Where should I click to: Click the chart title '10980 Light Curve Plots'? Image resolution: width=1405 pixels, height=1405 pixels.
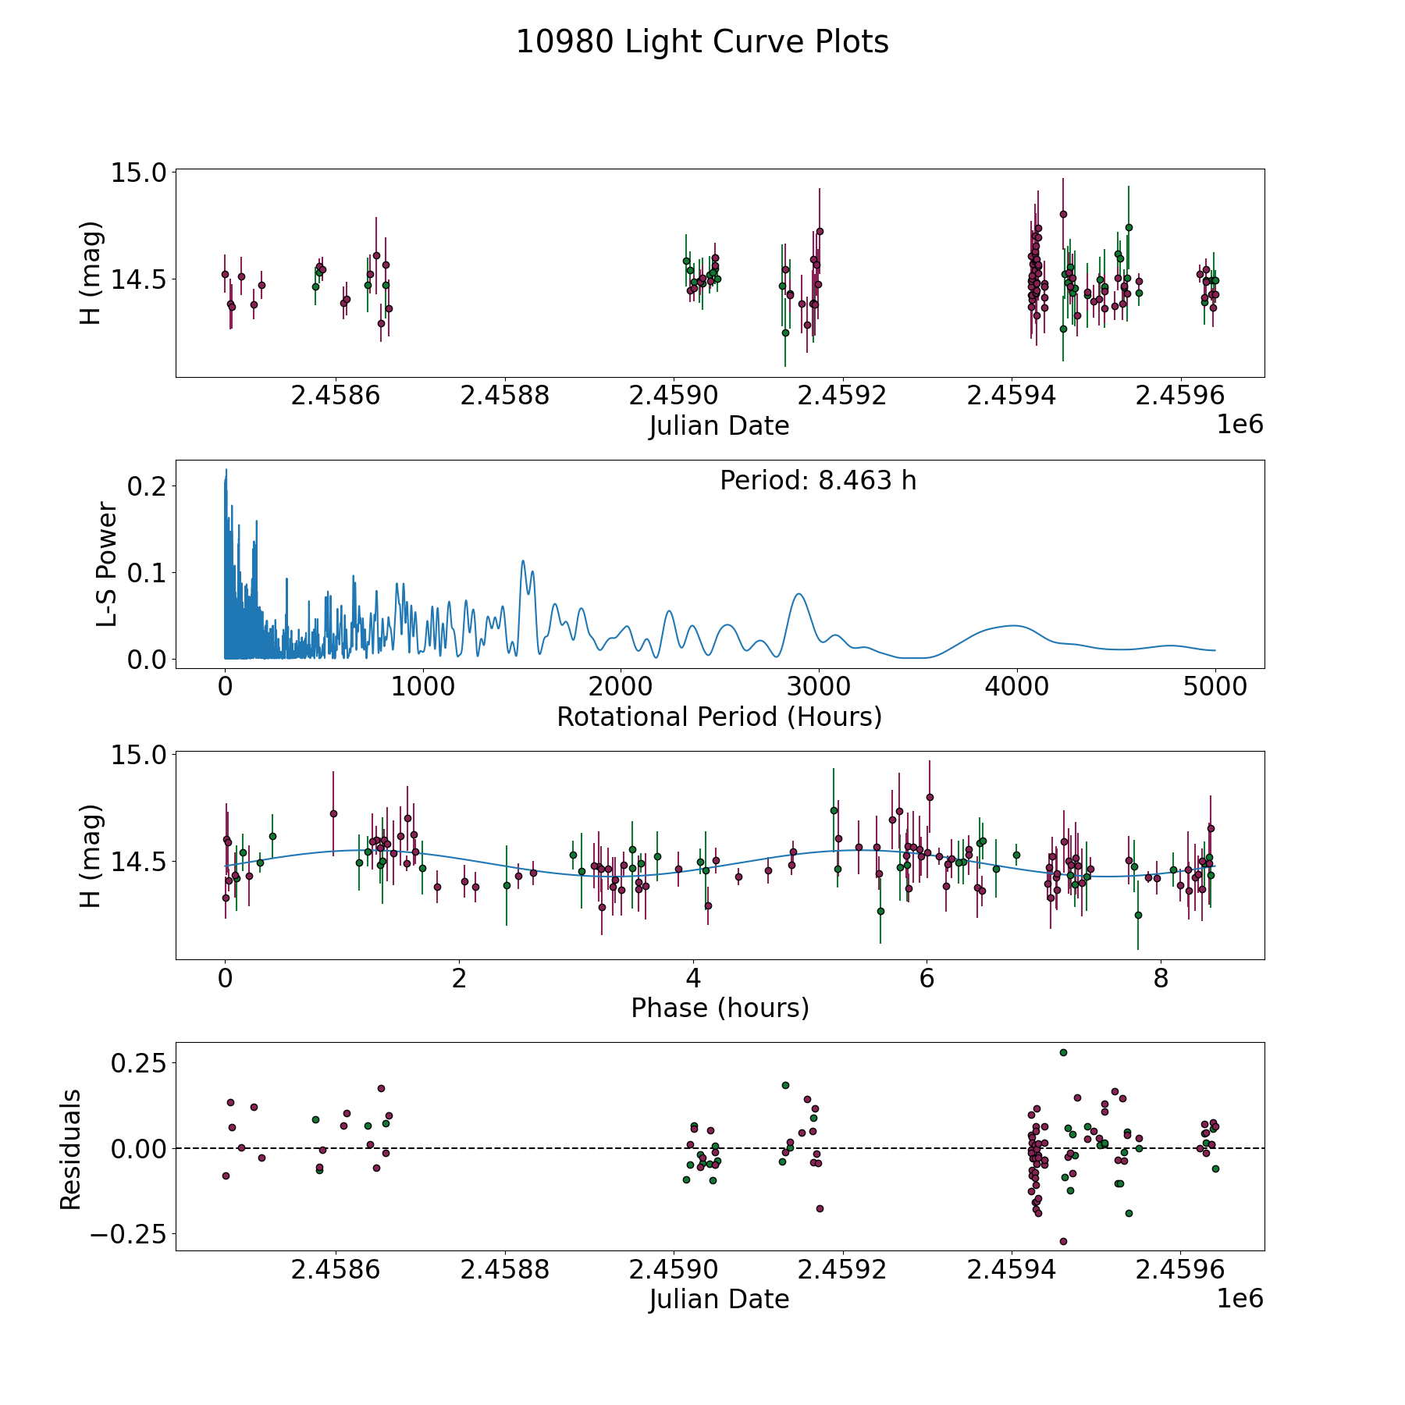tap(702, 42)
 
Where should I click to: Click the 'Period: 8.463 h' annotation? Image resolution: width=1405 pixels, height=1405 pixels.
tap(818, 481)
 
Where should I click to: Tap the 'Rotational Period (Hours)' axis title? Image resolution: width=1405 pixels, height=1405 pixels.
tap(719, 717)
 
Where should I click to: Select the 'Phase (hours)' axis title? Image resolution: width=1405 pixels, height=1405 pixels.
tap(720, 1008)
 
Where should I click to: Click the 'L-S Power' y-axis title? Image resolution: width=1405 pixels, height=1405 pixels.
tap(107, 564)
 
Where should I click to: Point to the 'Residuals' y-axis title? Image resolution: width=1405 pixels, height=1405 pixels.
tap(71, 1150)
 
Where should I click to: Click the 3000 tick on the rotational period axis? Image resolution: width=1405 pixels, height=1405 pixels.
tap(818, 687)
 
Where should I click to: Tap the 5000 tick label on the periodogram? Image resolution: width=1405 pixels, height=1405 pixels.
tap(1215, 687)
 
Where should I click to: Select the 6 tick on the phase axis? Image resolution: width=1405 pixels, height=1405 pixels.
tap(927, 978)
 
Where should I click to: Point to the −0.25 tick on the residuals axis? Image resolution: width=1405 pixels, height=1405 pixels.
tap(127, 1234)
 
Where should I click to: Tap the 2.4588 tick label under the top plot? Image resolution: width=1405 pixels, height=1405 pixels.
tap(504, 396)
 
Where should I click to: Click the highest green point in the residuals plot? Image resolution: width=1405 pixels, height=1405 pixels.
tap(1063, 1052)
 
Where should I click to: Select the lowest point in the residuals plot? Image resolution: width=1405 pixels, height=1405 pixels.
tap(1063, 1241)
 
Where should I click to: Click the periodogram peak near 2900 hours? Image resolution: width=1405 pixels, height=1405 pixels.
tap(799, 594)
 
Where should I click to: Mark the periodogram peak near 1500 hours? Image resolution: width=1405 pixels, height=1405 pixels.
tap(523, 560)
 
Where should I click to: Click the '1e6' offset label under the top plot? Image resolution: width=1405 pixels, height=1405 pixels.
tap(1240, 425)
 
